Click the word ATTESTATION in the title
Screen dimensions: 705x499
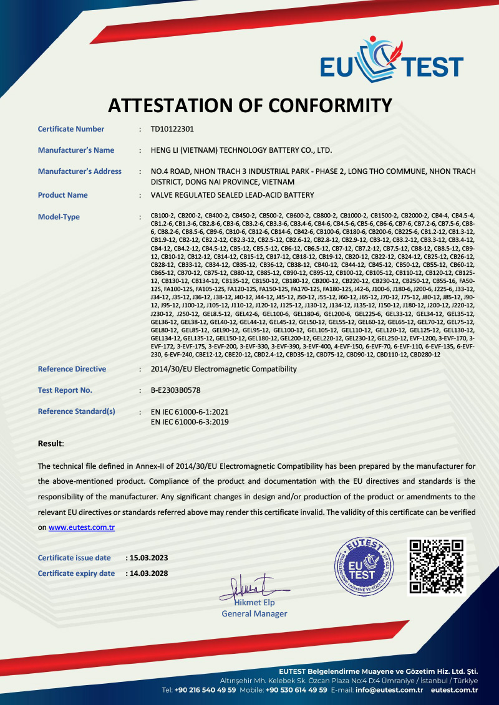coord(170,105)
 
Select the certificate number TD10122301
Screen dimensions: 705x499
coord(173,129)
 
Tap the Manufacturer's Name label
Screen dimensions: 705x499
coord(76,150)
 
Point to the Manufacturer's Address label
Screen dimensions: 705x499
coord(80,171)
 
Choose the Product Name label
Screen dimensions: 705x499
coord(63,195)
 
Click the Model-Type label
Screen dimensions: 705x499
coord(59,217)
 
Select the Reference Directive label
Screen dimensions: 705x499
coord(72,369)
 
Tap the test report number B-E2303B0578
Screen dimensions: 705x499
coord(176,390)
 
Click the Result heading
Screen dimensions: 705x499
coord(51,444)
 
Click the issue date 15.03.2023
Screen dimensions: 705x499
coord(148,558)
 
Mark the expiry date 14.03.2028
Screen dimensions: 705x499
coord(148,573)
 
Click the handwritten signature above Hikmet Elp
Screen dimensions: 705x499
coord(253,586)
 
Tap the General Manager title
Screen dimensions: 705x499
coord(254,614)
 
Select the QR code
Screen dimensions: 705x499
coord(437,567)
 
